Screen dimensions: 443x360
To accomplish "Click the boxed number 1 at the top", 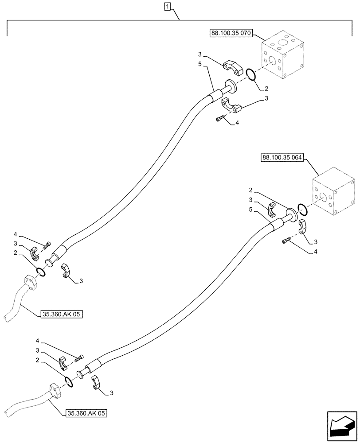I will (167, 7).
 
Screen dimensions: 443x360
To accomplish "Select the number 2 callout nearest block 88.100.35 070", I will (266, 89).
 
